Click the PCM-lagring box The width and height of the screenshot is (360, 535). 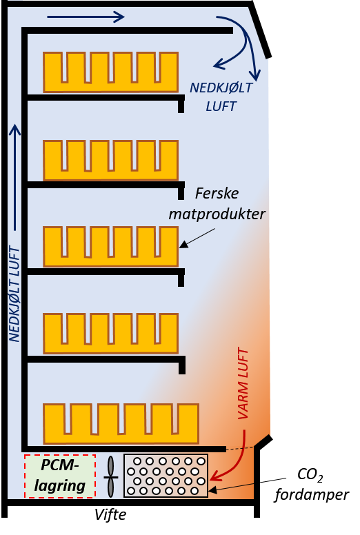click(x=60, y=476)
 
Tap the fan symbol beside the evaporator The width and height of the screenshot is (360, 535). click(x=110, y=476)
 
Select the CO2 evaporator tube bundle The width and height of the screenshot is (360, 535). click(x=166, y=476)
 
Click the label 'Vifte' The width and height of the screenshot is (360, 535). click(x=110, y=514)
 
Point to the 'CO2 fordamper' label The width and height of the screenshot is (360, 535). click(x=312, y=485)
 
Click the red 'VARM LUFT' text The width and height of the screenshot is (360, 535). click(x=243, y=383)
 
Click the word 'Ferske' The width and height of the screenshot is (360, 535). click(x=217, y=194)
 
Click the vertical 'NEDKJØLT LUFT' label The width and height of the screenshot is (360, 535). click(x=14, y=294)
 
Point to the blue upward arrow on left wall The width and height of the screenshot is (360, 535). click(x=14, y=177)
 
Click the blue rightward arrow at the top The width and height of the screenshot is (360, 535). click(x=86, y=17)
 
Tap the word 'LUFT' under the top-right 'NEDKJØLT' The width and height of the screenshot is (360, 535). click(x=221, y=106)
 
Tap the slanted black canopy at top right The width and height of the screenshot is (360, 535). click(x=260, y=30)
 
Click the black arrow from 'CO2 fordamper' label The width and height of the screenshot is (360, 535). click(x=247, y=485)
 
